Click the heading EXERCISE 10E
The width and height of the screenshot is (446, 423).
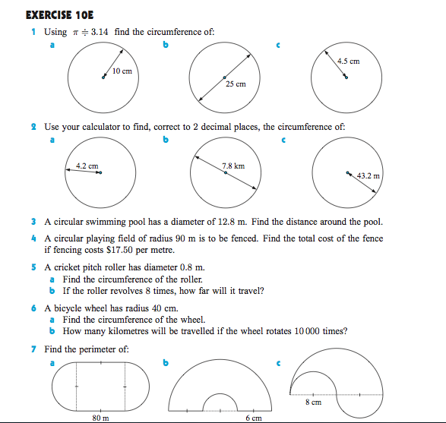pos(53,14)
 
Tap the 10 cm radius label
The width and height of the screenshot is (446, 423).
pos(122,71)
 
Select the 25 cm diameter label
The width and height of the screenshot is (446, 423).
pos(236,84)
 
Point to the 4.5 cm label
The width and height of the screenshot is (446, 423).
pos(348,62)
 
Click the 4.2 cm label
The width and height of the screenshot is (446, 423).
pos(87,166)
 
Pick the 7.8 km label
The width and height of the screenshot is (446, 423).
pos(233,165)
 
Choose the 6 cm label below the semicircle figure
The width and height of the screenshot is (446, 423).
pos(253,417)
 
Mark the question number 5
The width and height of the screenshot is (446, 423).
pos(34,267)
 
